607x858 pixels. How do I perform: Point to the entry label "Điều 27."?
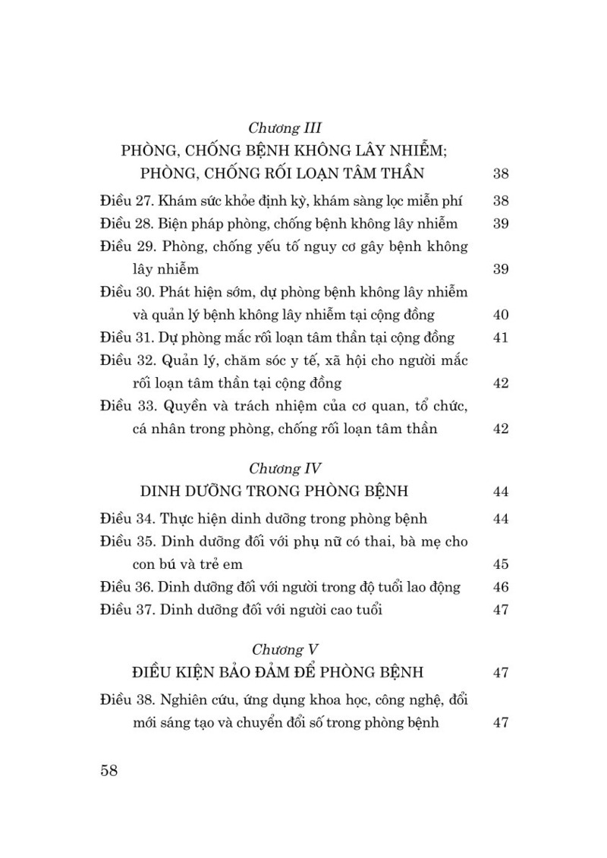coord(127,201)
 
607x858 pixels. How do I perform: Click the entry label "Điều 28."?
coord(127,224)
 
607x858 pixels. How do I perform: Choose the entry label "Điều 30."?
coord(127,292)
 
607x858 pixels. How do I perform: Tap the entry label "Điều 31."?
coord(127,338)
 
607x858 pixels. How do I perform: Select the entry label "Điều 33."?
coord(127,406)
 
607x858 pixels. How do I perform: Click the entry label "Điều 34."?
coord(127,519)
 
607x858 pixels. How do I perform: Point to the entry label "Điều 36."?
coord(127,587)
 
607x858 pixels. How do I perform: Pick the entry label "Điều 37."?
coord(127,610)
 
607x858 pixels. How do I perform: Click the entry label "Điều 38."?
coord(127,699)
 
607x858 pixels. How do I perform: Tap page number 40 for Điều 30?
coord(500,316)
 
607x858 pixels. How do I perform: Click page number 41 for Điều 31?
coord(500,338)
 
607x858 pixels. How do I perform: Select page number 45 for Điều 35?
coord(500,565)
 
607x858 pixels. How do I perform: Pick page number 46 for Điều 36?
coord(500,588)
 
